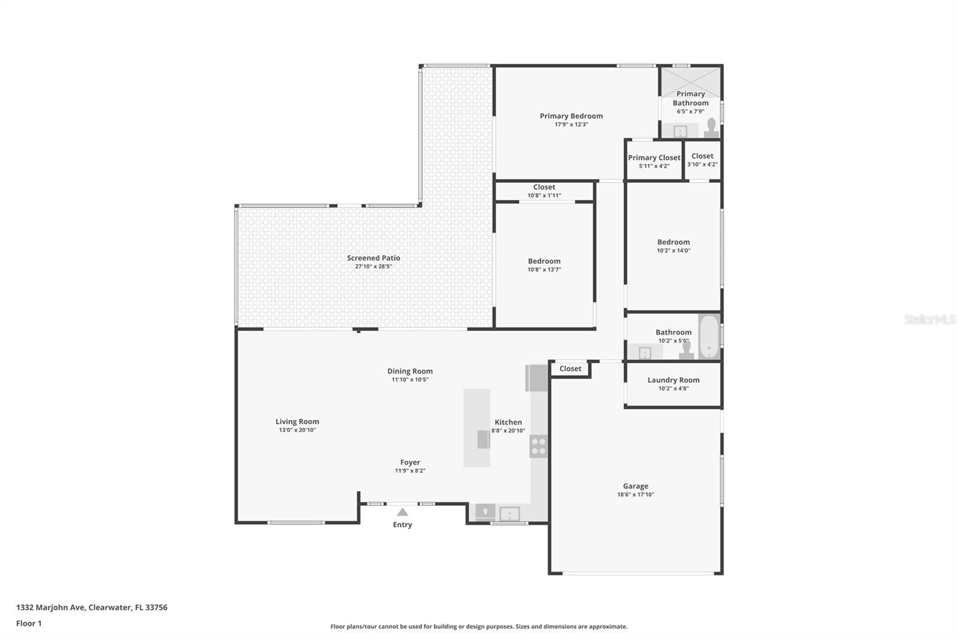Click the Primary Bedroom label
[x=571, y=116]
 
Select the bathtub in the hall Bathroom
[x=709, y=336]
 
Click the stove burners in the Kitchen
[x=538, y=446]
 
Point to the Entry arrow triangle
[x=402, y=512]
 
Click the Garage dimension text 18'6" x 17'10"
[x=635, y=495]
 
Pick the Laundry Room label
[x=673, y=380]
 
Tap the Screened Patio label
[x=373, y=258]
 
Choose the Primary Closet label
[x=654, y=158]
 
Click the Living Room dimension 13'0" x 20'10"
[x=297, y=430]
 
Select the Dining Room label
[x=410, y=371]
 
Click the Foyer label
[x=410, y=462]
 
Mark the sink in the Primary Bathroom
[x=680, y=131]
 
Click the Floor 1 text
[x=29, y=623]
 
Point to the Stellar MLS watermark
[x=929, y=319]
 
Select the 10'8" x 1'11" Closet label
[x=544, y=187]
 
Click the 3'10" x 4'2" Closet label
[x=702, y=156]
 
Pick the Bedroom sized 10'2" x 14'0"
[x=673, y=242]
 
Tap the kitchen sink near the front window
[x=510, y=514]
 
